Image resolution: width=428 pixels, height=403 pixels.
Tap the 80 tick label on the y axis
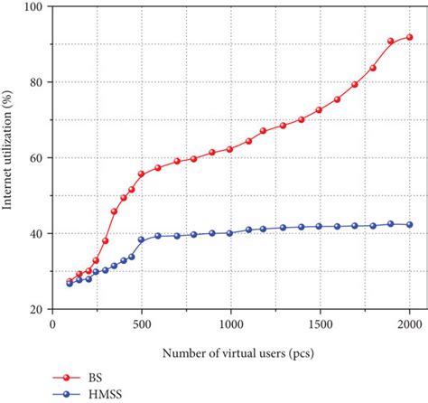click(39, 82)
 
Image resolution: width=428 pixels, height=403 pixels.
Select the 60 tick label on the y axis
click(39, 158)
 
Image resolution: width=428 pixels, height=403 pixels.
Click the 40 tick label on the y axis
click(39, 234)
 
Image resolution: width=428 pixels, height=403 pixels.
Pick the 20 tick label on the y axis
click(39, 309)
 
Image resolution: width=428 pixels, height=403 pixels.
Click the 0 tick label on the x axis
click(53, 323)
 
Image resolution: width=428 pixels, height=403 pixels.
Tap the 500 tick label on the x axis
click(142, 323)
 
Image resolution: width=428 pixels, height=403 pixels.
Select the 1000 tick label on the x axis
click(231, 323)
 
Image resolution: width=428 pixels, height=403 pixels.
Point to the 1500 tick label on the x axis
click(320, 323)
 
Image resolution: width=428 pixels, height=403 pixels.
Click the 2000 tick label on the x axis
click(409, 323)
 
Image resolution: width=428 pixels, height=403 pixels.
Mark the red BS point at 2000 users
click(409, 37)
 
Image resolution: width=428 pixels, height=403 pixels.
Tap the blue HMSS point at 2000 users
click(409, 224)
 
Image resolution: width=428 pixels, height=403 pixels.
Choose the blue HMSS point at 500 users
click(142, 239)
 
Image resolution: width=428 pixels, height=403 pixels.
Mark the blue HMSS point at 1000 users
click(231, 232)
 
